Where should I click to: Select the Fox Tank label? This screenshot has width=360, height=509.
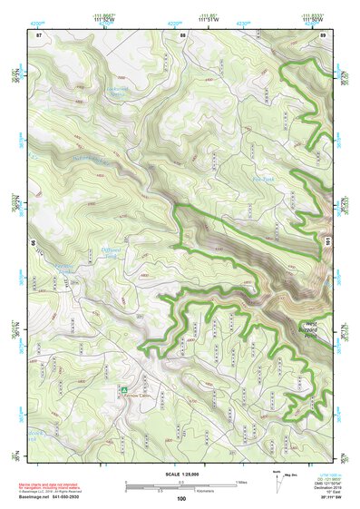[x=262, y=180]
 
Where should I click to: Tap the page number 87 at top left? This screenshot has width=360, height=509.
[x=38, y=34]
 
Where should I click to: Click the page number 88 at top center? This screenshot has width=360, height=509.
[x=182, y=34]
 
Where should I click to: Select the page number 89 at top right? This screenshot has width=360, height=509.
[x=323, y=34]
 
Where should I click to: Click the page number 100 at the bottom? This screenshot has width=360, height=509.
[x=181, y=498]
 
